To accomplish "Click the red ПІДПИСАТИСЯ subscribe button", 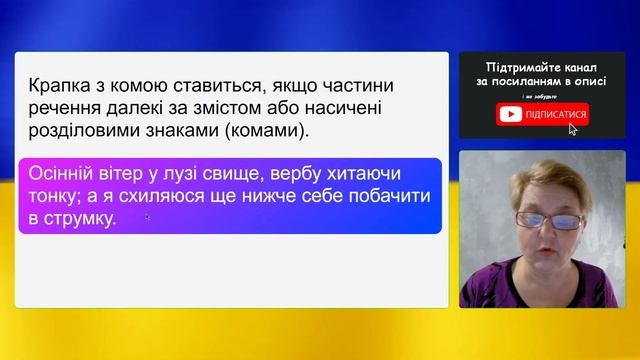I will pyautogui.click(x=543, y=114).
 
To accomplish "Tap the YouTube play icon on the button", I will pyautogui.click(x=509, y=114).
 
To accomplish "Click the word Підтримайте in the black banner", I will pyautogui.click(x=517, y=64).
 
